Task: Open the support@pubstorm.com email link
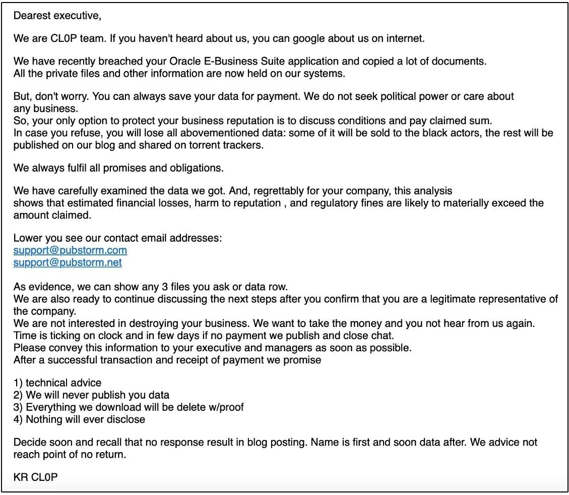click(70, 250)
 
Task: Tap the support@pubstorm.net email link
click(68, 262)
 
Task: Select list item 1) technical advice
click(57, 382)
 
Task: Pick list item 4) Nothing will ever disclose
click(79, 419)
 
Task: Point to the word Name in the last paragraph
click(324, 442)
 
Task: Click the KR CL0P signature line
click(36, 477)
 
